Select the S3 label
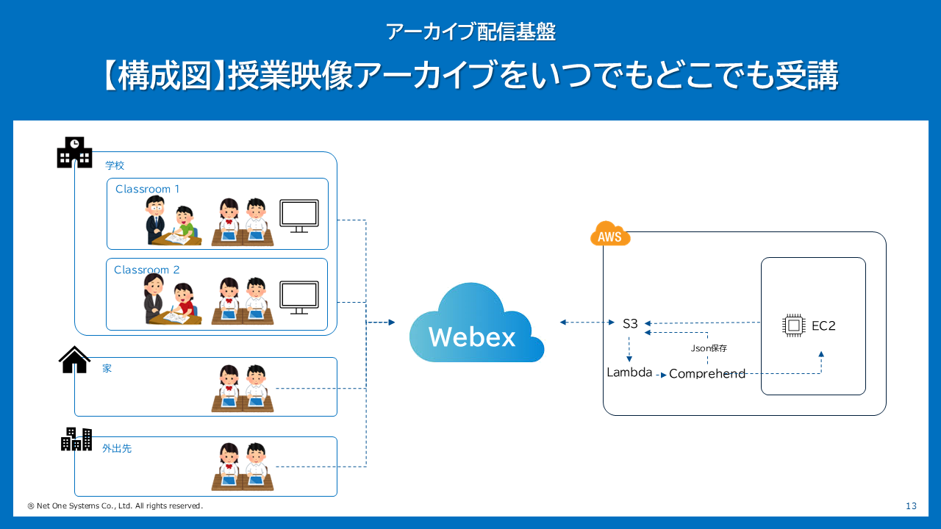630,323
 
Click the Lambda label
629,373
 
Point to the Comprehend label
707,374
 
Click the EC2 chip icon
793,325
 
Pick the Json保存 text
709,348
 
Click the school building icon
74,152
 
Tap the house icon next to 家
74,360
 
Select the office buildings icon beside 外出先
76,439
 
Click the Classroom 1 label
147,190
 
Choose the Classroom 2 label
146,270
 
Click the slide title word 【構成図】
161,76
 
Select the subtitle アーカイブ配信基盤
470,32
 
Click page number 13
912,506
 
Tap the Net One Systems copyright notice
115,506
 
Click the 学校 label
115,166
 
